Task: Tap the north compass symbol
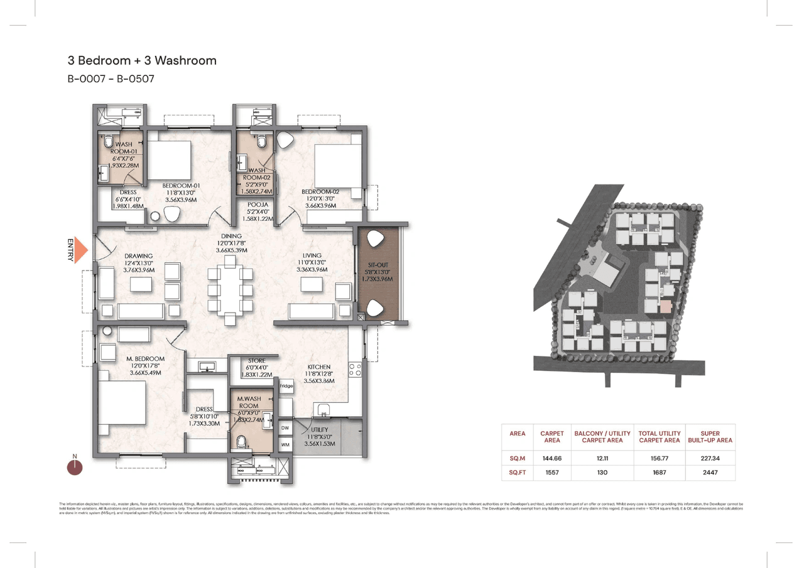pos(75,466)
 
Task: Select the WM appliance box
pos(285,444)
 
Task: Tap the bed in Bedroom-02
pos(337,166)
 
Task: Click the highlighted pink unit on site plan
pos(665,306)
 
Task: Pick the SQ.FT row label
pos(517,472)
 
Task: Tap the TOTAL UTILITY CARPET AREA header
pos(660,436)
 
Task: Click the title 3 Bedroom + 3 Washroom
pos(142,61)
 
